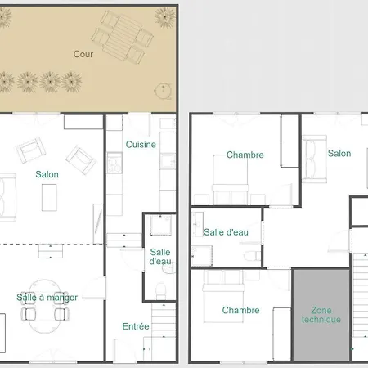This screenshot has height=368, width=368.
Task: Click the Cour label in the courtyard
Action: pos(83,54)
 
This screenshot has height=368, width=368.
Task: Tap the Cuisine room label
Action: pos(141,145)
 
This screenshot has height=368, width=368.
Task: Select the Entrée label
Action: pos(136,326)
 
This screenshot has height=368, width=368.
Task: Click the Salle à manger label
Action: pos(47,298)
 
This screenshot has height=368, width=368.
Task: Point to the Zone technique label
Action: pos(321,315)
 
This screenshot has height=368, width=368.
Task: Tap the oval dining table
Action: pos(45,306)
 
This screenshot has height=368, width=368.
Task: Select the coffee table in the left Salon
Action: pos(49,198)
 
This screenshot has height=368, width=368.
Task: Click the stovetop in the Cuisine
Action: pos(114,163)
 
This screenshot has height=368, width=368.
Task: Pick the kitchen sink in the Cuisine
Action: pos(168,161)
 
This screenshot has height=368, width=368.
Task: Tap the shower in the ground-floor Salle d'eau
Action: pos(160,225)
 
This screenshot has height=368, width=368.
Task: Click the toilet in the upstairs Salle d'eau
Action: pos(252,256)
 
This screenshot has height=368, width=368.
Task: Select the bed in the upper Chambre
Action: pos(231,180)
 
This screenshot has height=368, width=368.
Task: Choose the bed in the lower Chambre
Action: pos(223,296)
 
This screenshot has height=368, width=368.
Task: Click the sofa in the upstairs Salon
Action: pos(315,159)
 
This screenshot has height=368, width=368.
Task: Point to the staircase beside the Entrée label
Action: pos(164,320)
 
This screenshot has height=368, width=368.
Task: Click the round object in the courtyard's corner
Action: pos(163,91)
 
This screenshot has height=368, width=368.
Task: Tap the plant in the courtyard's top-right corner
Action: pos(165,17)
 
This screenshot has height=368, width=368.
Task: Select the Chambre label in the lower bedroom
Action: pos(240,310)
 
